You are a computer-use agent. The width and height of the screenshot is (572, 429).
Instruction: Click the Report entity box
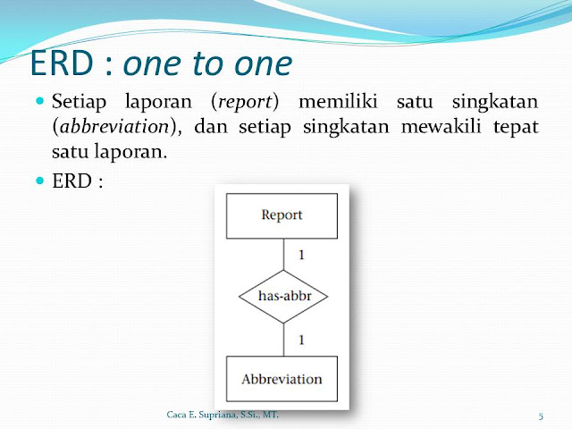coord(282,216)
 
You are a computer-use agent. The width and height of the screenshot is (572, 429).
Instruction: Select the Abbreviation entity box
coord(282,379)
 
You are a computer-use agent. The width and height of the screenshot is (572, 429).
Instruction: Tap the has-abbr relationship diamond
coord(283,296)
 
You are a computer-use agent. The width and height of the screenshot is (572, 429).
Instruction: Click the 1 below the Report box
coord(301,255)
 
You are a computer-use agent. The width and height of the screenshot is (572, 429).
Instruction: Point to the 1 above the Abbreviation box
coord(301,340)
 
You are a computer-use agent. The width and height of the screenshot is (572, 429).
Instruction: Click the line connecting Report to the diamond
coord(284,255)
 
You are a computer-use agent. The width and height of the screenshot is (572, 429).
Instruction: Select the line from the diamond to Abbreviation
coord(284,340)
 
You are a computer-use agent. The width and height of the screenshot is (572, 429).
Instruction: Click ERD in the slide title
coord(62,63)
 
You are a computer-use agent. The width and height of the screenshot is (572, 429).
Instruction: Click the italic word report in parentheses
coord(245,102)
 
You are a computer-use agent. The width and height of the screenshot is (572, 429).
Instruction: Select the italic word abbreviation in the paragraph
coord(114,127)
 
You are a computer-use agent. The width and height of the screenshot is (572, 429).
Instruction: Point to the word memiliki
coord(338,101)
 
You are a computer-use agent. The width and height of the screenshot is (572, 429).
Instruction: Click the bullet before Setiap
coord(40,100)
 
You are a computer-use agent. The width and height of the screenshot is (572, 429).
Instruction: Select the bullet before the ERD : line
coord(40,181)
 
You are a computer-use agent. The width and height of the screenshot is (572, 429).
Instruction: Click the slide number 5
coord(541,416)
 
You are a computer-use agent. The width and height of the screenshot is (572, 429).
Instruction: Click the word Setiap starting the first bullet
coord(79,102)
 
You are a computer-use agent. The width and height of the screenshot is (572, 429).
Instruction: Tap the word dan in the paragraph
coord(211,126)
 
